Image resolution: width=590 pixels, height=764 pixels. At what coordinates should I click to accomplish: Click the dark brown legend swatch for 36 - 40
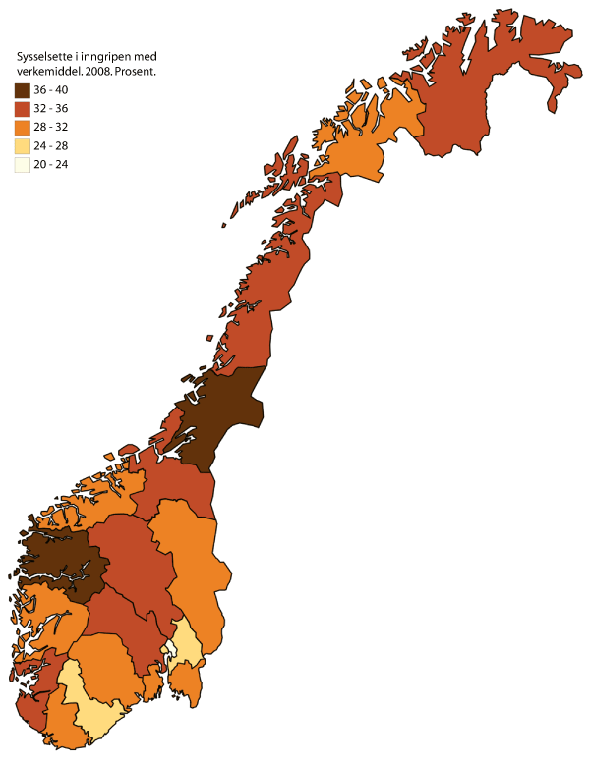[x=23, y=90]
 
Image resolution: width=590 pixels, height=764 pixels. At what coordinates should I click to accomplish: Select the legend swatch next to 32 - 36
[x=23, y=109]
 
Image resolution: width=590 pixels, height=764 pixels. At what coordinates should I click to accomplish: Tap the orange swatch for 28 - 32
[x=23, y=128]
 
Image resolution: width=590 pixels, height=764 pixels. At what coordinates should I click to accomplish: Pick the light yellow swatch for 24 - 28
[x=23, y=146]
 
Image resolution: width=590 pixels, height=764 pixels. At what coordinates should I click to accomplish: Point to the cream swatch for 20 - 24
[x=23, y=165]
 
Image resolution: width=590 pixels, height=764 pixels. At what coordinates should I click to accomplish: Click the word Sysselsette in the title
[x=43, y=56]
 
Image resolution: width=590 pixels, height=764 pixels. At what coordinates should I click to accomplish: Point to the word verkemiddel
[x=46, y=72]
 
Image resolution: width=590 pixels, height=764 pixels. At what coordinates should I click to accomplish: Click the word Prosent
[x=137, y=72]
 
